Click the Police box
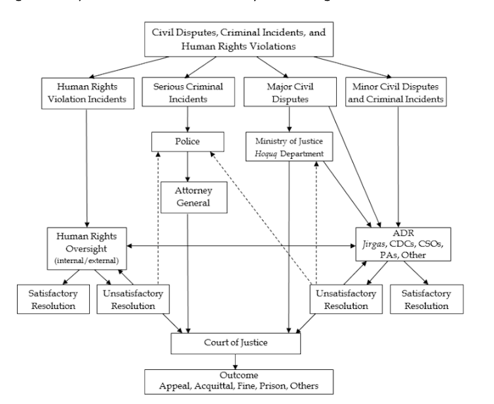click(188, 141)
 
